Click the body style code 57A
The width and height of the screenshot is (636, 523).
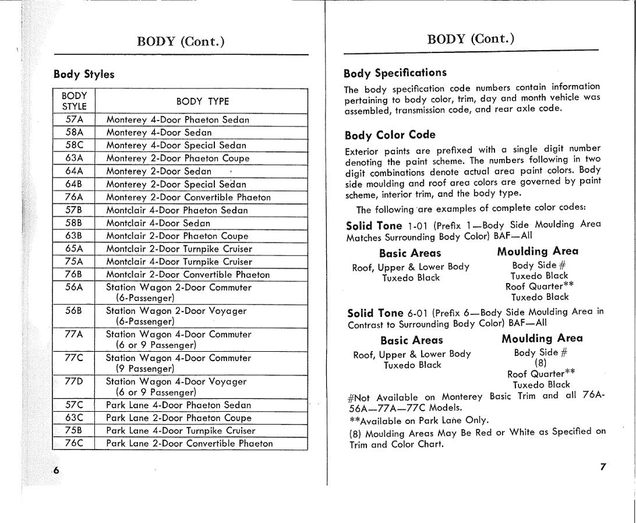(75, 119)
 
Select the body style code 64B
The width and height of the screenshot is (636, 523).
(75, 184)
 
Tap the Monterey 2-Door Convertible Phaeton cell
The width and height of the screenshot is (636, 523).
(188, 197)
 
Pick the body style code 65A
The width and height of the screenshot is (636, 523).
(75, 249)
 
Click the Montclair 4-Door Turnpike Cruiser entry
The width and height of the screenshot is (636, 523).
(179, 261)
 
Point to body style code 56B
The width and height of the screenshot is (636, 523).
(75, 311)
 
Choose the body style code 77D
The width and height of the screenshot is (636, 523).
(75, 381)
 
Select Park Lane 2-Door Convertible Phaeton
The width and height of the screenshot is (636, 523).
(189, 443)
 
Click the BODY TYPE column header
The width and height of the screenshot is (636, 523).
(202, 101)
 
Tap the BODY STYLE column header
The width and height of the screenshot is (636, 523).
(75, 101)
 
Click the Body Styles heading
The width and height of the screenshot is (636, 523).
(84, 75)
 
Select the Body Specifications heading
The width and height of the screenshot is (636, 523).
(395, 73)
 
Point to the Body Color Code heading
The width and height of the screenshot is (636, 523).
(389, 135)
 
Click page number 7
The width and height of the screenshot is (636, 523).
(603, 467)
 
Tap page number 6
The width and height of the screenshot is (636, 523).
(56, 471)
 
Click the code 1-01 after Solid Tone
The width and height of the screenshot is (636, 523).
(418, 225)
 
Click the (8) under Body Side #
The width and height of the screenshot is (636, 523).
(540, 363)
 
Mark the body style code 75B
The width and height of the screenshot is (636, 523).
(75, 430)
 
